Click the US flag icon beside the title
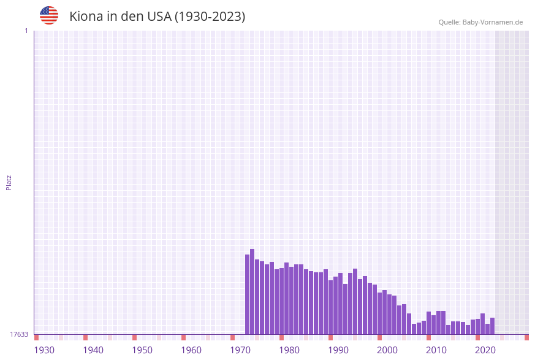coord(49,15)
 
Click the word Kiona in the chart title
coord(86,17)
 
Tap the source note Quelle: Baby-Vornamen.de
coord(480,22)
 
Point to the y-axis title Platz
coord(9,182)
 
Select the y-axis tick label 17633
coord(19,334)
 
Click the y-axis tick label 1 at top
coord(26,31)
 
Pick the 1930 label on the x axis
coord(44,350)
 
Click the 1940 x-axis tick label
coord(93,350)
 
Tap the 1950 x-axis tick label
coord(142,350)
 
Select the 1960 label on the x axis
coord(191,350)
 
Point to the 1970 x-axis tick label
coord(240,350)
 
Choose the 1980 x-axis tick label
coord(289,350)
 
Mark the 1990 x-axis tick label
coord(338,350)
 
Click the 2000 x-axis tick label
coord(387,350)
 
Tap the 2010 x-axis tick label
coord(436,350)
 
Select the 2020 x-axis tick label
coord(485,350)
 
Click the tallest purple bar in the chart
coord(252,291)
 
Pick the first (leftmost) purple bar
coord(247,294)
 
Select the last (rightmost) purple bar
coord(492,326)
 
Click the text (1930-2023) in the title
coord(210,17)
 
